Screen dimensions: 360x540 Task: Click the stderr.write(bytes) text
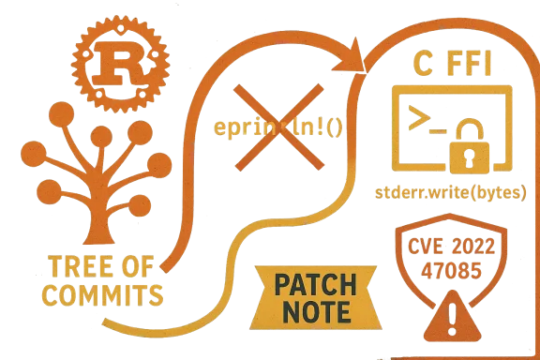[449, 193]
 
